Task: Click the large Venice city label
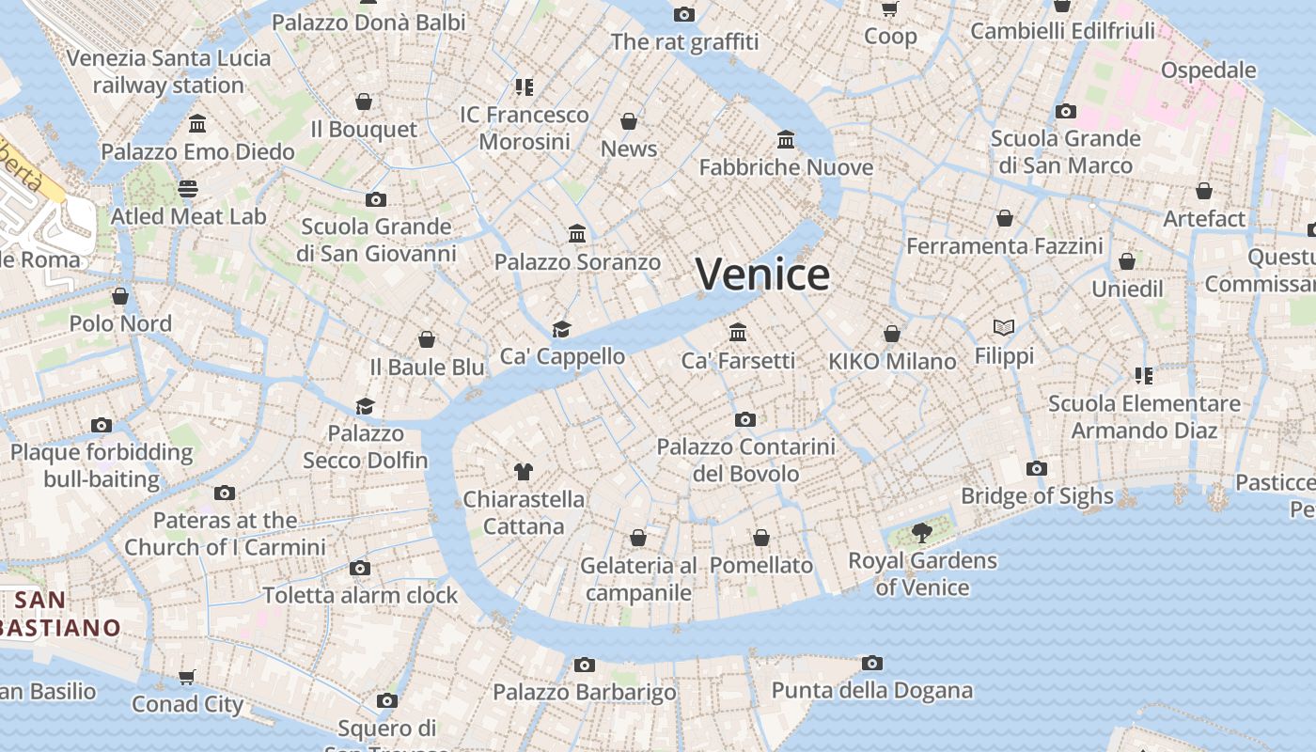[762, 274]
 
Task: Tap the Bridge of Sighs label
[1037, 496]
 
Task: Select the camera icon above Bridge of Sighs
[1037, 468]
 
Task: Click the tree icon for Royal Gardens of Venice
[922, 533]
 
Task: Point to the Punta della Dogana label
[871, 691]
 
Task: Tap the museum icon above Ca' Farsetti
[738, 333]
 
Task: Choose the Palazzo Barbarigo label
[585, 693]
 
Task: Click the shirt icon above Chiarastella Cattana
[524, 471]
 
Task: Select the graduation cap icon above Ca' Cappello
[561, 329]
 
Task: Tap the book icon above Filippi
[1004, 327]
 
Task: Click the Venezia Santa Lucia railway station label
[168, 71]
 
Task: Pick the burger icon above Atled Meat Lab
[188, 189]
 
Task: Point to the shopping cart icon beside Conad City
[187, 677]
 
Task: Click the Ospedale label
[1208, 70]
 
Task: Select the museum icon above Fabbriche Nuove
[786, 140]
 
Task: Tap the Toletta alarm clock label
[360, 595]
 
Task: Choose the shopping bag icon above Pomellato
[761, 538]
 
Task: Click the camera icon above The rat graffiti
[684, 14]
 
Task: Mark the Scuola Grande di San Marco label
[1065, 152]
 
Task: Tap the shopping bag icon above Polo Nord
[120, 296]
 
